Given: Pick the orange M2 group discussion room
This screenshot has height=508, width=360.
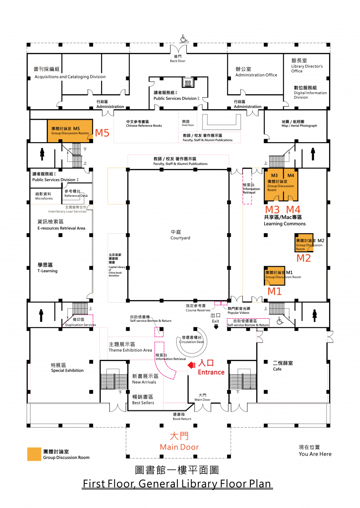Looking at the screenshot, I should [304, 243].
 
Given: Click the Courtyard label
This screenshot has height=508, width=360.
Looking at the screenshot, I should [180, 235].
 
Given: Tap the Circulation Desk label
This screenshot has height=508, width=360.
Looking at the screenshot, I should [191, 340].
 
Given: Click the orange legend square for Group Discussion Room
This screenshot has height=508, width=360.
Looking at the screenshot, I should [34, 454].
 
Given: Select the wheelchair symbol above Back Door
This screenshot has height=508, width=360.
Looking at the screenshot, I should [184, 39].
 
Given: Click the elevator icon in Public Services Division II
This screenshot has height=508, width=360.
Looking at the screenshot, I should [188, 82].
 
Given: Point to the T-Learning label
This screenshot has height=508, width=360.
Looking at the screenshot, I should [47, 268].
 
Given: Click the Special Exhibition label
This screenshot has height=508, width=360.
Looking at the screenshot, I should [67, 367].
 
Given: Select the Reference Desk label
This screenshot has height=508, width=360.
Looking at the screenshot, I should [76, 193].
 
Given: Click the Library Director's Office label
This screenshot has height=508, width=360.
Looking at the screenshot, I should [307, 66].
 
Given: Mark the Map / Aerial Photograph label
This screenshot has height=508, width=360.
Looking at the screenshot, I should [299, 124].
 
